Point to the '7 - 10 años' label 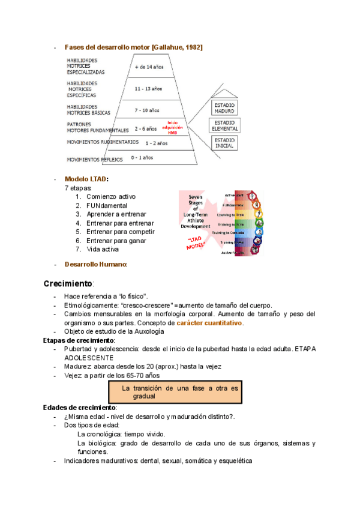pyautogui.click(x=147, y=110)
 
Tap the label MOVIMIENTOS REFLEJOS pyautogui.click(x=95, y=160)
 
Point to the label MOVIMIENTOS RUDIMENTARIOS pyautogui.click(x=103, y=143)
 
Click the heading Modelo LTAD pyautogui.click(x=86, y=179)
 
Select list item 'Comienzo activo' pyautogui.click(x=111, y=196)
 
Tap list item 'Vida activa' pyautogui.click(x=103, y=249)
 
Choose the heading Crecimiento pyautogui.click(x=68, y=283)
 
